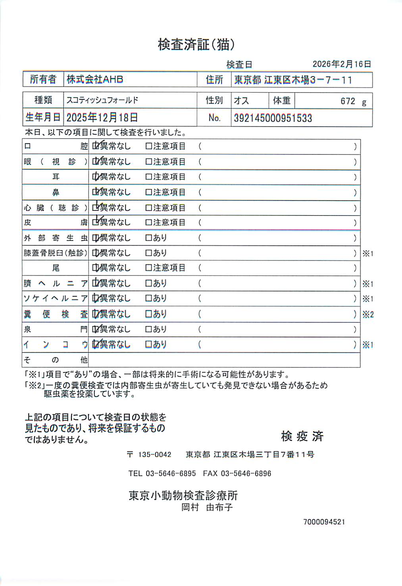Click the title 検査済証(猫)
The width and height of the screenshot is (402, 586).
pyautogui.click(x=196, y=44)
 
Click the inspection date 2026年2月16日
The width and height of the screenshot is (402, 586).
pyautogui.click(x=342, y=64)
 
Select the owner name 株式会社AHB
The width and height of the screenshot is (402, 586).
pyautogui.click(x=95, y=79)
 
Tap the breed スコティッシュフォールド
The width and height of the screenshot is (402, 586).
pyautogui.click(x=102, y=100)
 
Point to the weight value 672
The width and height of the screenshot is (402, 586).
pyautogui.click(x=348, y=101)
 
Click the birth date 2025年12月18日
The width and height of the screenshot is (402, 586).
pyautogui.click(x=102, y=118)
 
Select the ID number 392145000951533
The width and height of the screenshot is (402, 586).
pyautogui.click(x=273, y=118)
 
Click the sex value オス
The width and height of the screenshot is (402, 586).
pyautogui.click(x=241, y=101)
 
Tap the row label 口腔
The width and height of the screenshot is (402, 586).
pyautogui.click(x=56, y=146)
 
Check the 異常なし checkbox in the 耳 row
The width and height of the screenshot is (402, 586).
pyautogui.click(x=95, y=177)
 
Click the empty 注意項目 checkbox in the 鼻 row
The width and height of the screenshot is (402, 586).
pyautogui.click(x=149, y=193)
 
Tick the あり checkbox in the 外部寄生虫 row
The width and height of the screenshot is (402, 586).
pyautogui.click(x=149, y=238)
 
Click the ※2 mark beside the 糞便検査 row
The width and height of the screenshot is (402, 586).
pyautogui.click(x=368, y=314)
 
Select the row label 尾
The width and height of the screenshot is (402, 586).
pyautogui.click(x=56, y=268)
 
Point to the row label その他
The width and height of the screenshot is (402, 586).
pyautogui.click(x=56, y=360)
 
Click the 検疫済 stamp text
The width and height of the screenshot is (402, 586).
pyautogui.click(x=302, y=436)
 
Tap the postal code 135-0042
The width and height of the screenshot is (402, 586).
pyautogui.click(x=154, y=455)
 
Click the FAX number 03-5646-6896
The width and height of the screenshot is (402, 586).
pyautogui.click(x=246, y=473)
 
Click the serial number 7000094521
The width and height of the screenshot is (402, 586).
pyautogui.click(x=324, y=522)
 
